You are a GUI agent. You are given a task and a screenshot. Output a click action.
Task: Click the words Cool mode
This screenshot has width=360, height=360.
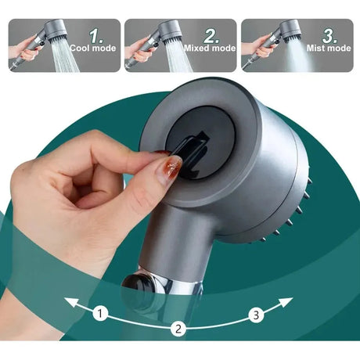tap(93, 49)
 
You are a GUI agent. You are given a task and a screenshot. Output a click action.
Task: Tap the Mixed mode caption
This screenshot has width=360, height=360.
tap(210, 49)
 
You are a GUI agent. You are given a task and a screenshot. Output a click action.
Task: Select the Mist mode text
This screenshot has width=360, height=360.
tap(329, 49)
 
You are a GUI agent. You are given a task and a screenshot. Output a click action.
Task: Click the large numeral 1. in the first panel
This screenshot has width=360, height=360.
tap(96, 36)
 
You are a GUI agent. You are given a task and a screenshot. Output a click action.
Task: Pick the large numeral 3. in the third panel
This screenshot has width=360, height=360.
tap(329, 36)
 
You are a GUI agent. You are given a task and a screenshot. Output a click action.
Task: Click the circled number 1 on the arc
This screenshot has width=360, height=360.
tap(100, 313)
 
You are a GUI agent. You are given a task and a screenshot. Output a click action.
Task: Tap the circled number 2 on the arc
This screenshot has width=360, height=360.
tap(178, 329)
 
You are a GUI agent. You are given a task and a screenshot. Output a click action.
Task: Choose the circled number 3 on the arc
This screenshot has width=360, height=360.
tap(256, 315)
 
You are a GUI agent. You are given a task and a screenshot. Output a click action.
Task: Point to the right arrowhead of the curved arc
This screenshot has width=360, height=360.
tap(286, 303)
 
